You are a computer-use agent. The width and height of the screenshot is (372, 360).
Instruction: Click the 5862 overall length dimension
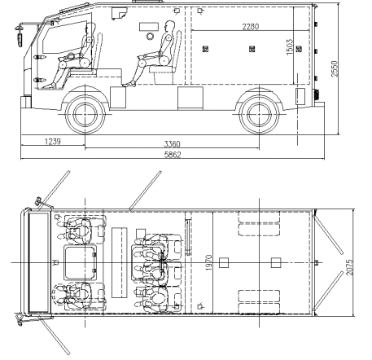pos(173,155)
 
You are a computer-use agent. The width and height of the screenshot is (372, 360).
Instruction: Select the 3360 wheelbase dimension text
pos(172,144)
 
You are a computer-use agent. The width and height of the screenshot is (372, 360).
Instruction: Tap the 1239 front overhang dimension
pos(53,142)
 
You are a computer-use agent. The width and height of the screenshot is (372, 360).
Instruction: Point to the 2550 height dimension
pos(335,68)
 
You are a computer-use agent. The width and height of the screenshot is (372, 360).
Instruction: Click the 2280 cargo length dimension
pos(251,27)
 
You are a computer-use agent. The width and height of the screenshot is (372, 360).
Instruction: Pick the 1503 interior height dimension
pos(290,47)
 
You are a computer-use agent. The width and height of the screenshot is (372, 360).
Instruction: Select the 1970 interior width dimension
pos(208,262)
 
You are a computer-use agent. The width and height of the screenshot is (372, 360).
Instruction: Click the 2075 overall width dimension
pos(350,267)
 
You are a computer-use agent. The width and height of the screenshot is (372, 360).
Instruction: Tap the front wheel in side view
pos(85,114)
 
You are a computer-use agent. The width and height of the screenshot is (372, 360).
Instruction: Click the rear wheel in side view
pos(259,114)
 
